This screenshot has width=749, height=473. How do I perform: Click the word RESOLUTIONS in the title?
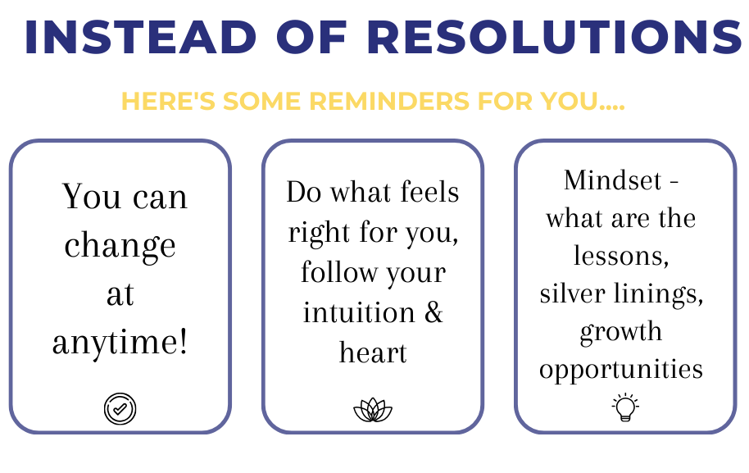tap(555, 37)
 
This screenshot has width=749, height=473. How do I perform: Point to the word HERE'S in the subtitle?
tap(169, 101)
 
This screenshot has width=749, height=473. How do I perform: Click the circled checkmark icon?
tap(120, 408)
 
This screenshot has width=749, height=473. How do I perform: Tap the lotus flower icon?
tap(373, 410)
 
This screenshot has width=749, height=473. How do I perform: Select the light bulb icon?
tap(625, 407)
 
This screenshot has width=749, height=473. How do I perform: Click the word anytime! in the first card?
tap(120, 343)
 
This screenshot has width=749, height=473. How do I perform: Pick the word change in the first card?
tap(120, 246)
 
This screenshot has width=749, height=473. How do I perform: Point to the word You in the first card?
tap(91, 196)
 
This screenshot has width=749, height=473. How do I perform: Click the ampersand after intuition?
tap(434, 312)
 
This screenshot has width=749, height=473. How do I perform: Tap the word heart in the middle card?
tap(373, 352)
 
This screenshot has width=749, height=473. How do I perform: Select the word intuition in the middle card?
tap(359, 312)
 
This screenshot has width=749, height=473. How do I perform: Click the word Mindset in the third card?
tap(612, 180)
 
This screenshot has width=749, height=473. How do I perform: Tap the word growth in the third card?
tap(621, 332)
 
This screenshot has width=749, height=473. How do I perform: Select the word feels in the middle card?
tap(429, 192)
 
